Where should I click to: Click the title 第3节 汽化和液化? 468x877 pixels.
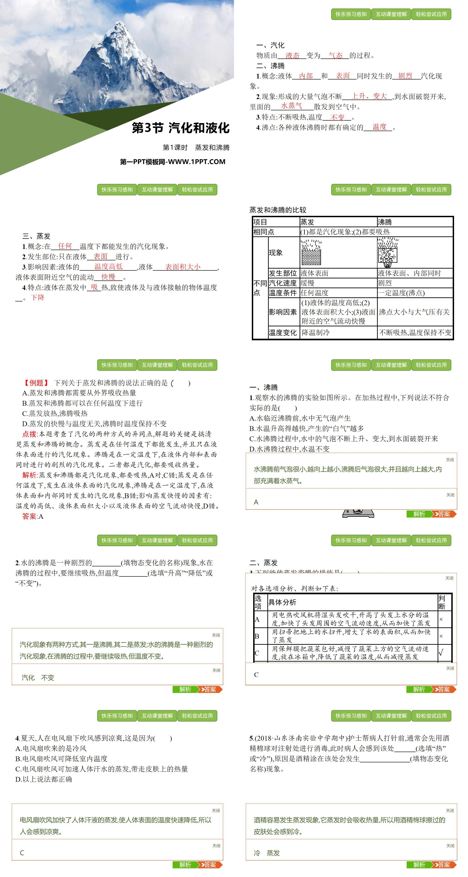pyautogui.click(x=181, y=128)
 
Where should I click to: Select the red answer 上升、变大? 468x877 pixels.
pyautogui.click(x=369, y=96)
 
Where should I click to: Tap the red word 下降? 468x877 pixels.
pyautogui.click(x=37, y=298)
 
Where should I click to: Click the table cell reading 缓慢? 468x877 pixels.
pyautogui.click(x=308, y=283)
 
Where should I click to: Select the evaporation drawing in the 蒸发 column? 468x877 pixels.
pyautogui.click(x=311, y=252)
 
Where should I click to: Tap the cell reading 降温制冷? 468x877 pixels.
pyautogui.click(x=315, y=333)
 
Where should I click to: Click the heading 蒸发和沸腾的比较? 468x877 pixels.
pyautogui.click(x=278, y=210)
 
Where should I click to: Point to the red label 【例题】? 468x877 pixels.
pyautogui.click(x=36, y=383)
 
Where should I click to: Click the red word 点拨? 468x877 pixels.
pyautogui.click(x=30, y=434)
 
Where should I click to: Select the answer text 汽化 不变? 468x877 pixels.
pyautogui.click(x=38, y=677)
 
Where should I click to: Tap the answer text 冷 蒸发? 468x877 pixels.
pyautogui.click(x=267, y=853)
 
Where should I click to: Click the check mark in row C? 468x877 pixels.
pyautogui.click(x=441, y=653)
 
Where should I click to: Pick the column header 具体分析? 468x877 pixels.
pyautogui.click(x=282, y=602)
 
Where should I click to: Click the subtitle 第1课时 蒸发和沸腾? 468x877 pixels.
pyautogui.click(x=196, y=147)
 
